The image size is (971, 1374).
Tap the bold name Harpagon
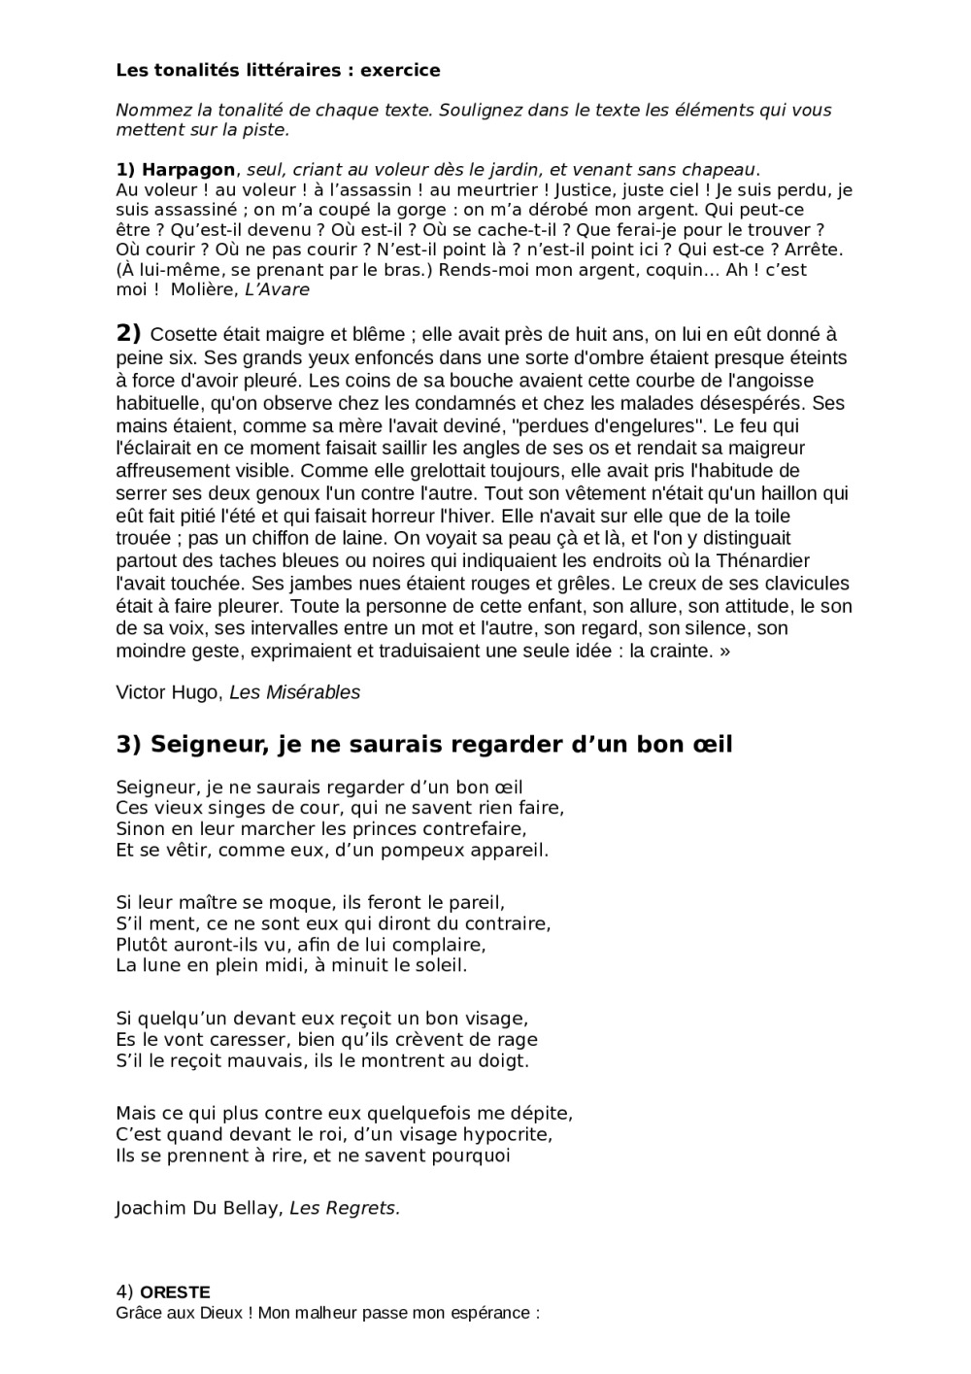[x=188, y=170]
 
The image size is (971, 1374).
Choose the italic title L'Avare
[x=278, y=289]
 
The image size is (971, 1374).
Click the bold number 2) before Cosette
[x=128, y=333]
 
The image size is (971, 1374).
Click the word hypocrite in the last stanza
[x=501, y=1134]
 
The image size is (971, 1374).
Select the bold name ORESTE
[x=175, y=1292]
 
